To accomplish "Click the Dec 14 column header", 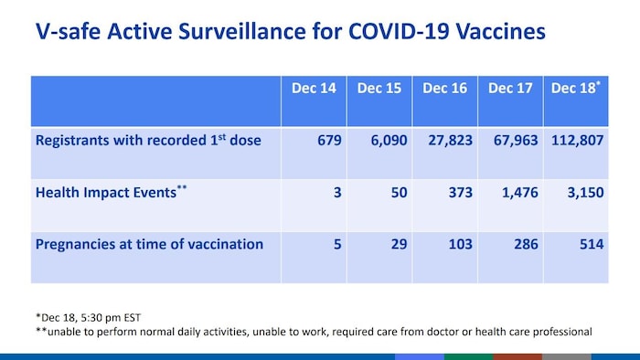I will pyautogui.click(x=313, y=89).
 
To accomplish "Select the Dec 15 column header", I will pyautogui.click(x=379, y=89).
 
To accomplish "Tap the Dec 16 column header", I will pyautogui.click(x=445, y=89).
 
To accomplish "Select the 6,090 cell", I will pyautogui.click(x=383, y=141).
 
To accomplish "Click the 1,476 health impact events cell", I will pyautogui.click(x=516, y=193).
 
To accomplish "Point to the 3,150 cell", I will pyautogui.click(x=583, y=193).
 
